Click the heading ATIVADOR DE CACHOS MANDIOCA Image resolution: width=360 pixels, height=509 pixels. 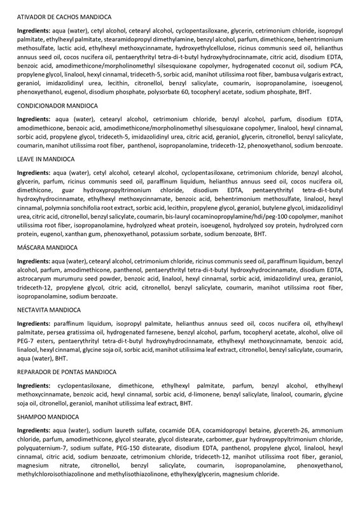coord(59,15)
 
